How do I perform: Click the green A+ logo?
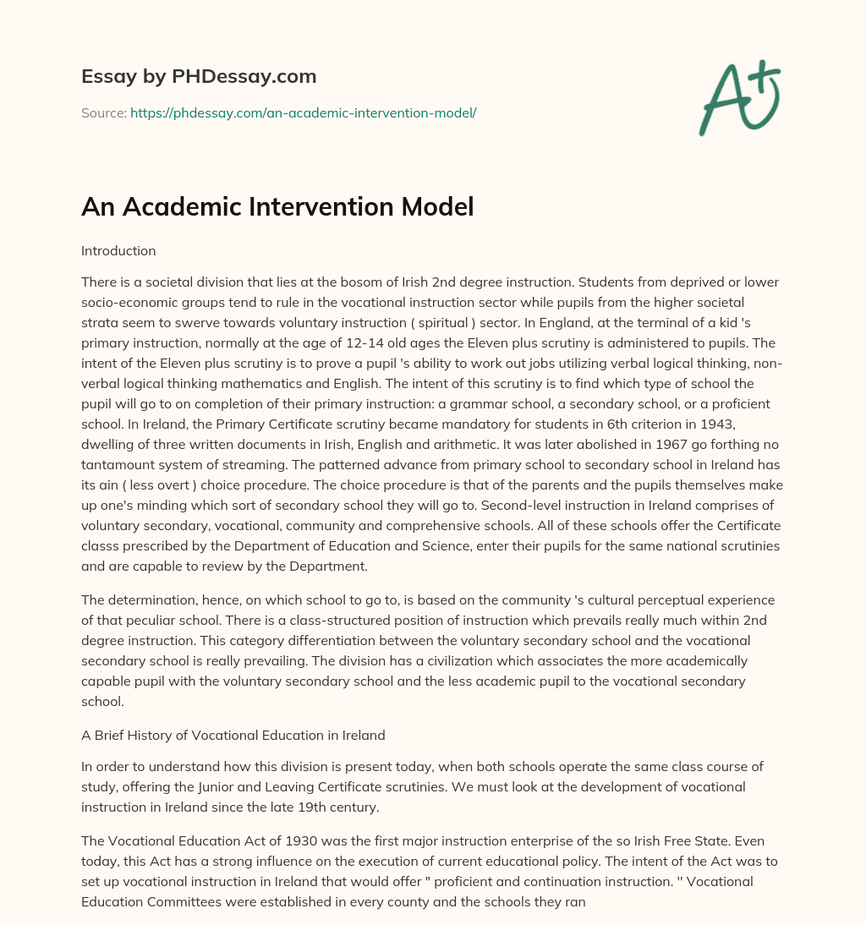tap(738, 98)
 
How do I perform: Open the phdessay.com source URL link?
tap(303, 112)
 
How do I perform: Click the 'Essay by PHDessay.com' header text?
tap(199, 76)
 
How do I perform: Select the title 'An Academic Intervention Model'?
tap(277, 207)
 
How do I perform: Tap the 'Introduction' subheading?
tap(118, 251)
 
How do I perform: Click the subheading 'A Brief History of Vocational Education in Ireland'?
tap(233, 736)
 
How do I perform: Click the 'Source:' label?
tap(103, 112)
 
